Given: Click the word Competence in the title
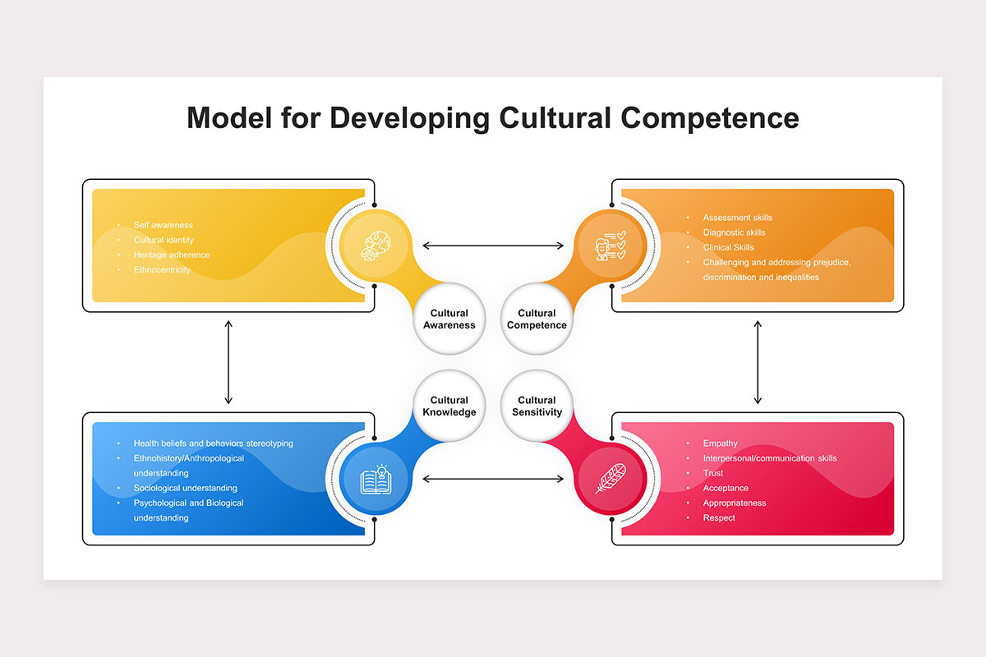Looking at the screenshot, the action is click(x=710, y=118).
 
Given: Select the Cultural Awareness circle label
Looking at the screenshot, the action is click(x=449, y=319).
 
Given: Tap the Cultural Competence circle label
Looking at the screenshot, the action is click(x=537, y=319).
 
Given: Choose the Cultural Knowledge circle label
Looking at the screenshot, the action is click(x=449, y=406).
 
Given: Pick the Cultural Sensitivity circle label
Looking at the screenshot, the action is click(x=537, y=406).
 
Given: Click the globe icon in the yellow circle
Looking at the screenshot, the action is click(x=376, y=246).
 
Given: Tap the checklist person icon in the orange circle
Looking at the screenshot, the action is click(x=610, y=246).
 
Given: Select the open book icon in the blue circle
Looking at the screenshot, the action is click(x=376, y=480).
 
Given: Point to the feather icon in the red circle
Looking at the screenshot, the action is click(x=610, y=479).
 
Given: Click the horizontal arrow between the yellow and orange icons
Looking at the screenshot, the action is click(x=493, y=246).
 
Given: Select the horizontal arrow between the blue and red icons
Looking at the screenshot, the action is click(x=493, y=479).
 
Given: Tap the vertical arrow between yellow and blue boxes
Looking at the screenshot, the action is click(x=228, y=362).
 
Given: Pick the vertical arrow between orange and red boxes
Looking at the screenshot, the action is click(x=758, y=362).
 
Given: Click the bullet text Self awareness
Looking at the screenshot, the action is click(x=163, y=225).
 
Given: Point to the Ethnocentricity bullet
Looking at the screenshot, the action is click(x=162, y=269).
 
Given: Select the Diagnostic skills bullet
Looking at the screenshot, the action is click(x=734, y=232).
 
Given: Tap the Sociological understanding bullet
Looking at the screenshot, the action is click(x=186, y=488).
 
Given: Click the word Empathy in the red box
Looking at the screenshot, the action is click(x=720, y=443).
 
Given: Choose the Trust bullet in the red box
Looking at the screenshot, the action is click(x=713, y=473).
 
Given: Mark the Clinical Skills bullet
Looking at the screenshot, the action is click(x=729, y=247).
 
